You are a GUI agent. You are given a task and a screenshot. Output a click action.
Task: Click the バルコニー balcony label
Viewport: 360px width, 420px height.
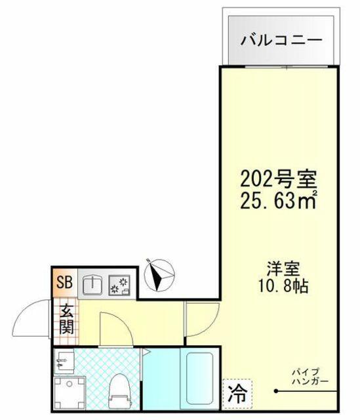pos(281,41)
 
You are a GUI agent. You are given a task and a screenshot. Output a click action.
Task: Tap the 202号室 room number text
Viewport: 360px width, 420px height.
pos(279,179)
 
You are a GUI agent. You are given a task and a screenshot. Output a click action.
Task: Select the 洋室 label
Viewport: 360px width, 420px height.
pos(283,268)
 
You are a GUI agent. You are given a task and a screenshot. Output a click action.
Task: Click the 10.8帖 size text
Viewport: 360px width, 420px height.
pos(283,286)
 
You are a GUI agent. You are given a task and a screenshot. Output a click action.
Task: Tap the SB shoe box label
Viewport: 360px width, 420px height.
pos(64,282)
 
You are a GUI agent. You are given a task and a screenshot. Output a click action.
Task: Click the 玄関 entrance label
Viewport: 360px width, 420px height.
pos(66,320)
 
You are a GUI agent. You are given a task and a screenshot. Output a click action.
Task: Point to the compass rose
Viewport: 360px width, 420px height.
pos(159,275)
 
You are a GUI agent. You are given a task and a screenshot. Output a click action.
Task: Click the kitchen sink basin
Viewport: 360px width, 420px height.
pos(92,285)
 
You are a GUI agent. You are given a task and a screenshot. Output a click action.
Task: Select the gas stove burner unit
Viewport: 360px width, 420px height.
pos(119,285)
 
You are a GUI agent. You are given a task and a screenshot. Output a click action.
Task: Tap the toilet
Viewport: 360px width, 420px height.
pos(119,391)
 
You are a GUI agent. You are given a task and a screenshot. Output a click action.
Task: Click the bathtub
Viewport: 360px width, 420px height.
pos(200,378)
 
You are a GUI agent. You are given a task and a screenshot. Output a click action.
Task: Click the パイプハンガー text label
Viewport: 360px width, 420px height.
pos(310,376)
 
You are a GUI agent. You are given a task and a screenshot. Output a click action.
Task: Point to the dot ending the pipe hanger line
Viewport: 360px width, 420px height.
pos(275,391)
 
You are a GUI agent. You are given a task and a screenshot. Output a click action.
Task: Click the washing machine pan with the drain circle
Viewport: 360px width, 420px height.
pos(70,392)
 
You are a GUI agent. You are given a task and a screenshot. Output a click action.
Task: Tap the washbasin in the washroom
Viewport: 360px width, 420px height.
pos(64,363)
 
